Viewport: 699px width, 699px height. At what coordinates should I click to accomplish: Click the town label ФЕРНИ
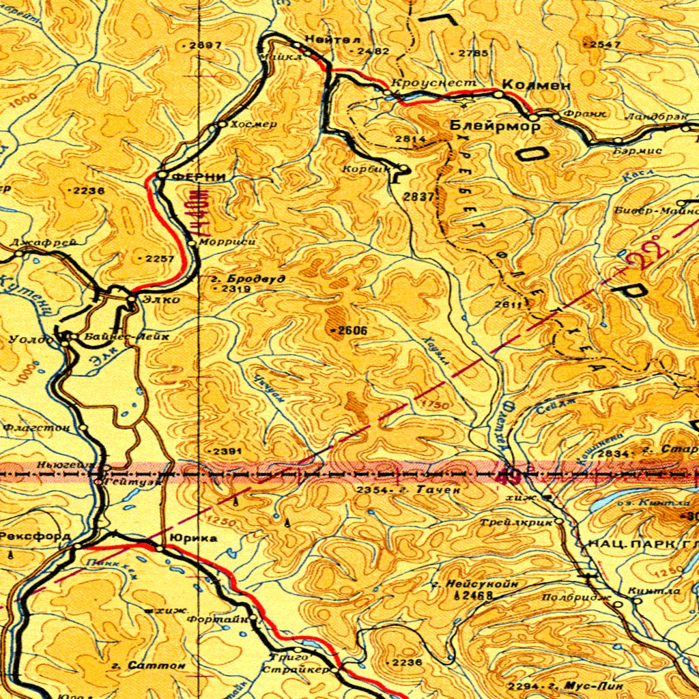pyautogui.click(x=199, y=176)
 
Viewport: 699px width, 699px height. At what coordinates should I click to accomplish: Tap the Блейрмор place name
pyautogui.click(x=495, y=126)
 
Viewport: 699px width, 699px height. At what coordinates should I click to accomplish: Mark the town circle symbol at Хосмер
pyautogui.click(x=221, y=125)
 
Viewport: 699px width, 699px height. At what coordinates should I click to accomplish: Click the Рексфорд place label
pyautogui.click(x=35, y=537)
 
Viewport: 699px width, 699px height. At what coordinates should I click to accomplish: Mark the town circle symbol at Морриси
pyautogui.click(x=192, y=242)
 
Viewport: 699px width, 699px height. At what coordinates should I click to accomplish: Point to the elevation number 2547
pyautogui.click(x=604, y=44)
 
